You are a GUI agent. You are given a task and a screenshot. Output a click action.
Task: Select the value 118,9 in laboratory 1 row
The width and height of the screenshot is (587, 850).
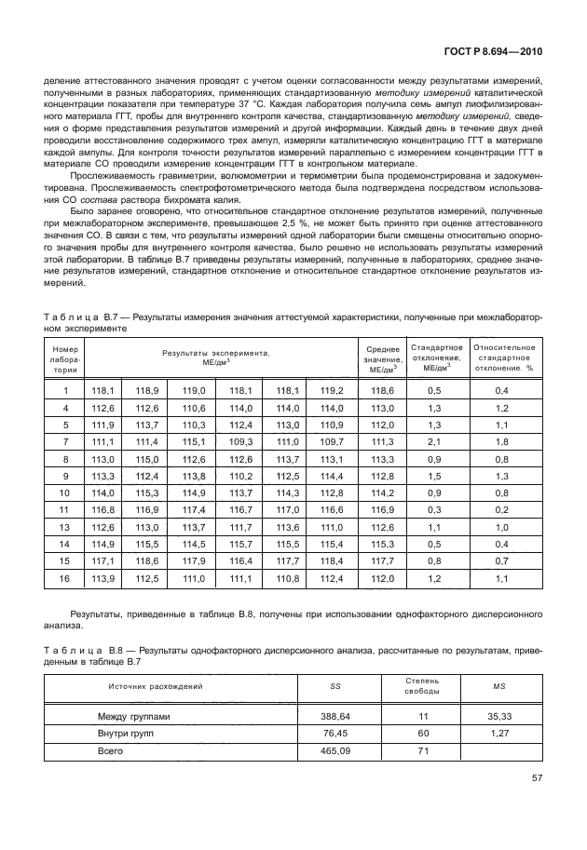click(148, 391)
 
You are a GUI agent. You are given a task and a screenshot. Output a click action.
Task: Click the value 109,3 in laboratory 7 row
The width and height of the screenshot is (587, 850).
click(240, 441)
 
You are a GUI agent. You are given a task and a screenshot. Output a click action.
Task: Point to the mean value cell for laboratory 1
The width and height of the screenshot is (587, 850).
click(382, 391)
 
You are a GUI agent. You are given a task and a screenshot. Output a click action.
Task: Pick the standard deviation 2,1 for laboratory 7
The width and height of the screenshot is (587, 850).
click(433, 441)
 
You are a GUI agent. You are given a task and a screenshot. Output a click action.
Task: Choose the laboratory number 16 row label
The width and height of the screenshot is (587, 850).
click(65, 581)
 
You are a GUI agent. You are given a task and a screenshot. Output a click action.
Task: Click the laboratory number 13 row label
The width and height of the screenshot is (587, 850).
click(65, 528)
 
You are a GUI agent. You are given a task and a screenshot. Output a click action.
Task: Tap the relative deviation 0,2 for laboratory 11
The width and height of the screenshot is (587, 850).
click(501, 511)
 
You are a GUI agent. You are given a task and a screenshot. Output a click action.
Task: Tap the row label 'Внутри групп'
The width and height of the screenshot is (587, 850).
click(127, 734)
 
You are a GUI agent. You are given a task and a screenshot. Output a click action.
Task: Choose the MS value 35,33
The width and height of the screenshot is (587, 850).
click(499, 717)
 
